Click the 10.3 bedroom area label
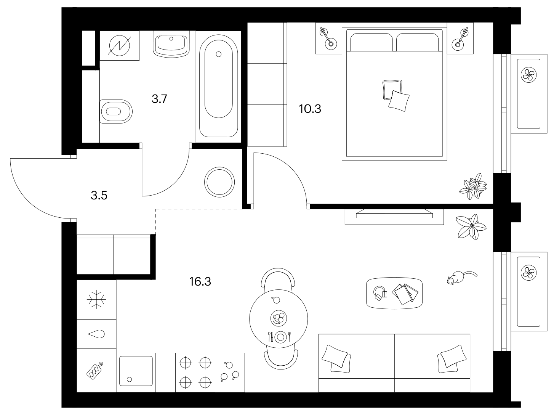(x=310, y=109)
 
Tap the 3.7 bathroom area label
(x=159, y=99)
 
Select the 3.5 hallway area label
(x=99, y=195)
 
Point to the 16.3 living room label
(x=200, y=281)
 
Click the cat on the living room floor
(x=461, y=278)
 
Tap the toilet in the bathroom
(x=116, y=111)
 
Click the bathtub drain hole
(x=219, y=54)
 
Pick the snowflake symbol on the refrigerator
(x=96, y=300)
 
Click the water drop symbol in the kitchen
(x=96, y=334)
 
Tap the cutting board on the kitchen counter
(x=94, y=371)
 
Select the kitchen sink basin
(x=136, y=371)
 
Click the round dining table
(x=279, y=319)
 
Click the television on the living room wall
(x=394, y=214)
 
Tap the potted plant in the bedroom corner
(x=473, y=187)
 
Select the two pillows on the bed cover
(x=395, y=95)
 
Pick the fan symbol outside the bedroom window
(x=528, y=74)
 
